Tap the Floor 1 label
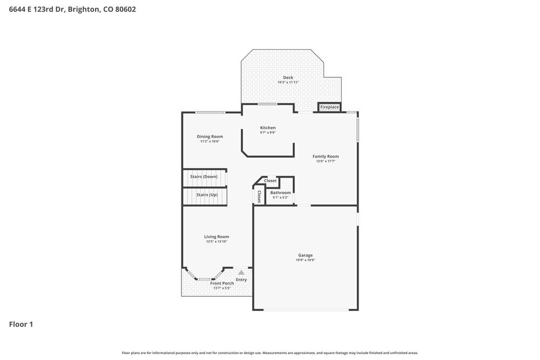(21, 324)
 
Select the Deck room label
(288, 78)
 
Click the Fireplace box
(329, 107)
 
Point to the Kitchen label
(268, 128)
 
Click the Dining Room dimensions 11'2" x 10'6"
(210, 141)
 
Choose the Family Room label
(326, 157)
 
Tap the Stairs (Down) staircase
(204, 177)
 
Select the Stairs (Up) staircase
(204, 195)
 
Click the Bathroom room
(280, 193)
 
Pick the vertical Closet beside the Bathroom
(259, 196)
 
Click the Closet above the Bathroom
(270, 181)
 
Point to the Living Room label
(217, 236)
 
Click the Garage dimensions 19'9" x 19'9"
(305, 260)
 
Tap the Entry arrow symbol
(241, 273)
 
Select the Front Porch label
(222, 283)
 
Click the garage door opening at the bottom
(306, 310)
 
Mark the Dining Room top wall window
(210, 112)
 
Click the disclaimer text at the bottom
(269, 352)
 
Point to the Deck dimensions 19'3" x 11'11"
(288, 83)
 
